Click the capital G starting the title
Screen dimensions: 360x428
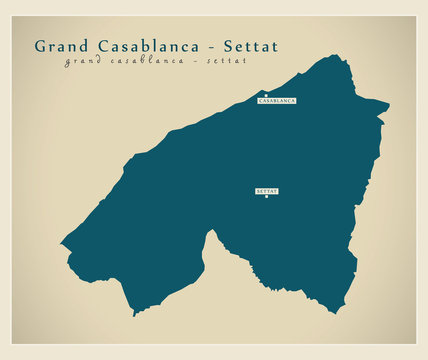tap(40, 46)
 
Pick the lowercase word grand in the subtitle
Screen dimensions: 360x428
tap(82, 62)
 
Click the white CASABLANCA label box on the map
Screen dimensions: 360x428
tap(277, 102)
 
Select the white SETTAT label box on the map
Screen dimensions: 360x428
tap(266, 189)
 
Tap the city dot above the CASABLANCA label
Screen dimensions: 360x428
tap(266, 96)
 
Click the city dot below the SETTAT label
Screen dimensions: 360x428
tap(266, 196)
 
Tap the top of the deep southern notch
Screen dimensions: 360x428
tap(212, 229)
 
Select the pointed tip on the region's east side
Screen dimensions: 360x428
tap(388, 105)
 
